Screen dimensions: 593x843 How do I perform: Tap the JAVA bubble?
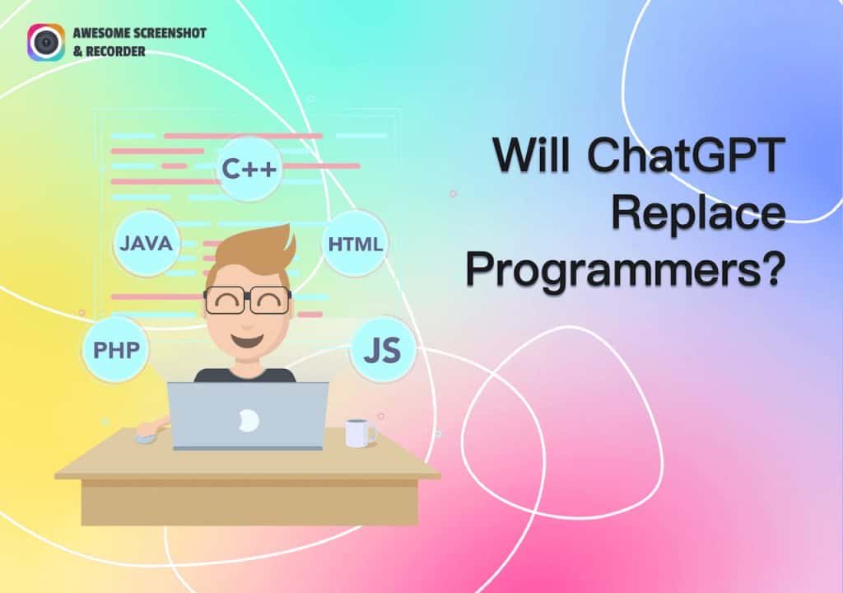[146, 243]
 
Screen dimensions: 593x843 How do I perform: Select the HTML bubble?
[355, 244]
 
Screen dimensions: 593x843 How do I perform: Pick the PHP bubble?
[115, 349]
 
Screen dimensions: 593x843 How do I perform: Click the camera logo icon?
[45, 42]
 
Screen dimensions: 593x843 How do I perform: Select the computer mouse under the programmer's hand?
[147, 437]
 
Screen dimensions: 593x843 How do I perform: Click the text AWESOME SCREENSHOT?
[139, 34]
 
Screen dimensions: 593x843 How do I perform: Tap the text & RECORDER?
[108, 52]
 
